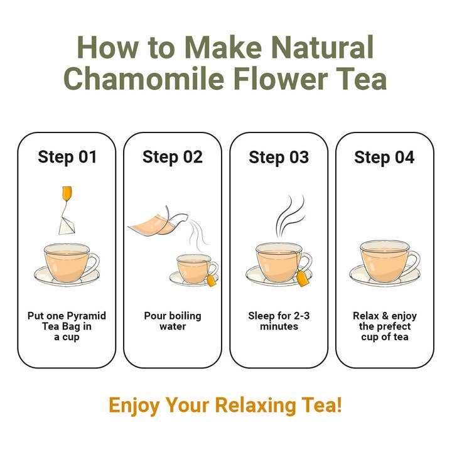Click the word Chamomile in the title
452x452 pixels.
[144, 78]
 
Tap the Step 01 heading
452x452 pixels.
[67, 158]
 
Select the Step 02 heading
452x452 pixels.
[173, 158]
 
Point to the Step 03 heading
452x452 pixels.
[279, 158]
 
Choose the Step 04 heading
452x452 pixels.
[384, 158]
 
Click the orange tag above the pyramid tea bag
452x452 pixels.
[67, 193]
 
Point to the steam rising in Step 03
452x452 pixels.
[289, 216]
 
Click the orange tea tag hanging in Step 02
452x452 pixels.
[212, 281]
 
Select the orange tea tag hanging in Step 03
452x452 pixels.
[303, 279]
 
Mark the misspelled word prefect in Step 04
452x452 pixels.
[392, 326]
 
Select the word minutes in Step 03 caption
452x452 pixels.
[279, 326]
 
